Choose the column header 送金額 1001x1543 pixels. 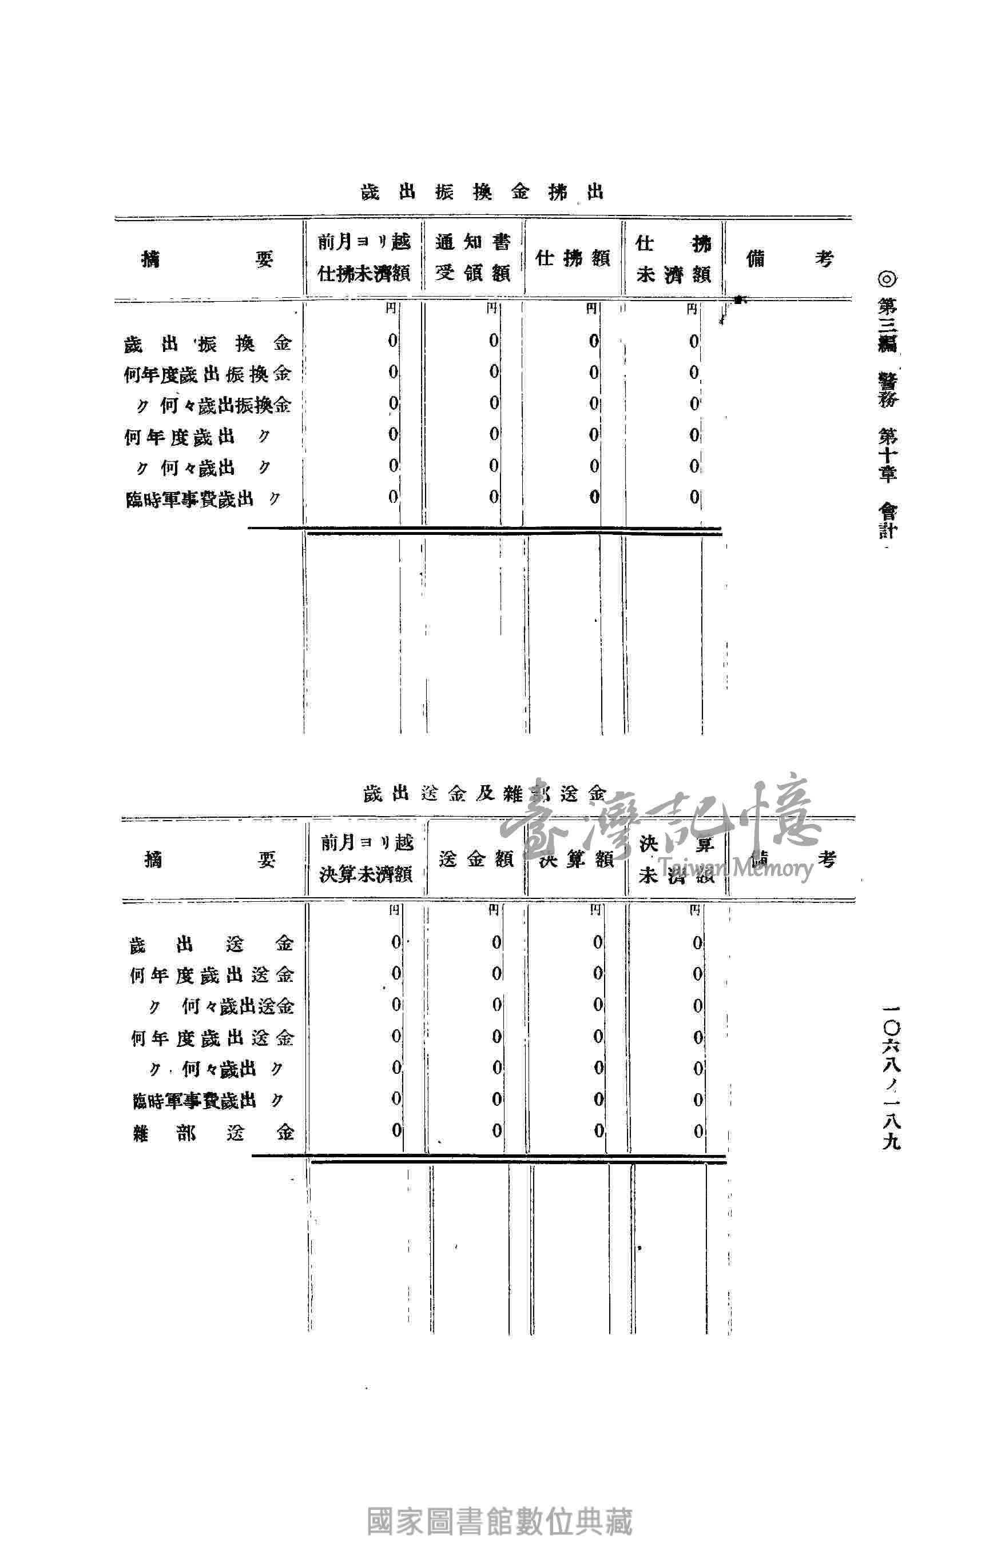pyautogui.click(x=476, y=860)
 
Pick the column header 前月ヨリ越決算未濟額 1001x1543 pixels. pyautogui.click(x=367, y=860)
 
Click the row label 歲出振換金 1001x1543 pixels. pyautogui.click(x=208, y=343)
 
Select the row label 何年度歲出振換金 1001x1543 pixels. pyautogui.click(x=208, y=375)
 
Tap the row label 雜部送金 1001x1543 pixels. pyautogui.click(x=212, y=1132)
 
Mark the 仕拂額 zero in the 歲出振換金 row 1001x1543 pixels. pyautogui.click(x=594, y=341)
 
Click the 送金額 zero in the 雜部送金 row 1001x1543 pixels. pyautogui.click(x=496, y=1130)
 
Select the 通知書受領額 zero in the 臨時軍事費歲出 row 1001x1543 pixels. pyautogui.click(x=494, y=497)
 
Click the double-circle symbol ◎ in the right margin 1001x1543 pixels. pyautogui.click(x=887, y=279)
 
